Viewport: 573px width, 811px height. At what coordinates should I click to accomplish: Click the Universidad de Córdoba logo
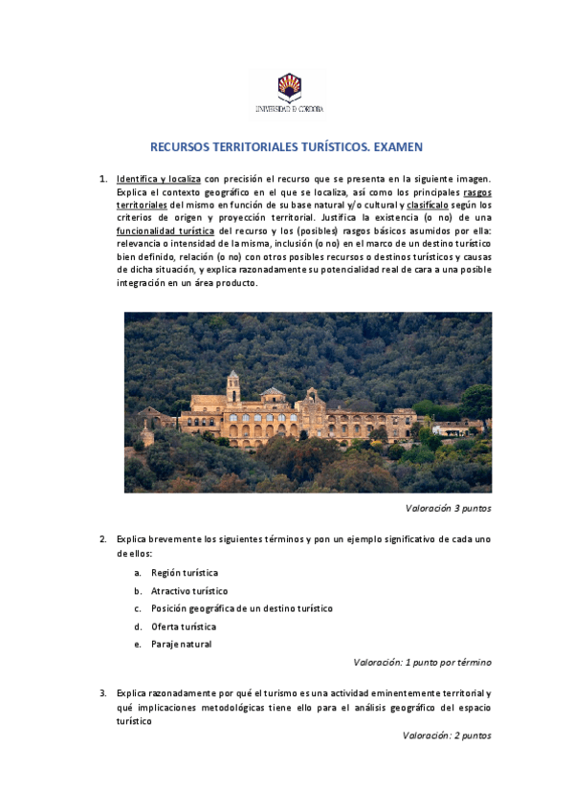287,94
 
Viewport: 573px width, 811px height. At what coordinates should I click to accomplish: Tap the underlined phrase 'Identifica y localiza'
158,179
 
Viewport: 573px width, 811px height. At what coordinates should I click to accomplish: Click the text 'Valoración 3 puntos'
448,508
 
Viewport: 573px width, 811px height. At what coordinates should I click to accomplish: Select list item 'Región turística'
185,573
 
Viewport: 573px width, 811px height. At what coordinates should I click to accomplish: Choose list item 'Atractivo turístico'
189,591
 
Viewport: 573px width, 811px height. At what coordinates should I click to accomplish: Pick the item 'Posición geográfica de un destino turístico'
242,608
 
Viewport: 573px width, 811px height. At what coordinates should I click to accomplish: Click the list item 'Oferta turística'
184,626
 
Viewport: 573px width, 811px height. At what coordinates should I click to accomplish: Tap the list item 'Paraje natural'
182,644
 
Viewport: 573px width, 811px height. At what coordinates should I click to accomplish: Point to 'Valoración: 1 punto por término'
422,662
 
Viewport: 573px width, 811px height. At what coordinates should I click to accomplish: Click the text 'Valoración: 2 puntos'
447,736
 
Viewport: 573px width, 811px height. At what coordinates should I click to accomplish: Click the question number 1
103,179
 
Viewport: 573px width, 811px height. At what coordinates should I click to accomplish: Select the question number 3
103,692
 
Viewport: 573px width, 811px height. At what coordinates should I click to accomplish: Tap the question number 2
103,539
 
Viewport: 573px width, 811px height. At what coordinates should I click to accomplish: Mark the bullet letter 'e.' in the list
138,644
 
